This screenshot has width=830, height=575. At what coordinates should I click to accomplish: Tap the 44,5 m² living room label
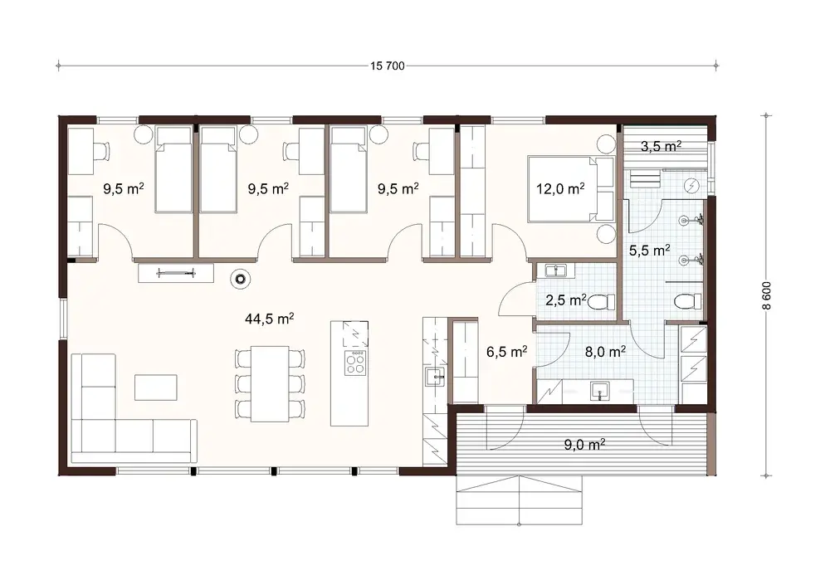pyautogui.click(x=271, y=318)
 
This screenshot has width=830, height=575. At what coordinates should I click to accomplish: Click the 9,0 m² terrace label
pyautogui.click(x=583, y=445)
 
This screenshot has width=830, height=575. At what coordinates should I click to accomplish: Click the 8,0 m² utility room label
pyautogui.click(x=605, y=351)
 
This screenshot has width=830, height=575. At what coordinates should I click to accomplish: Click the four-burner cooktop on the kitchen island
pyautogui.click(x=355, y=363)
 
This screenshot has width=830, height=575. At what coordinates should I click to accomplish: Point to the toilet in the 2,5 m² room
pyautogui.click(x=599, y=304)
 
